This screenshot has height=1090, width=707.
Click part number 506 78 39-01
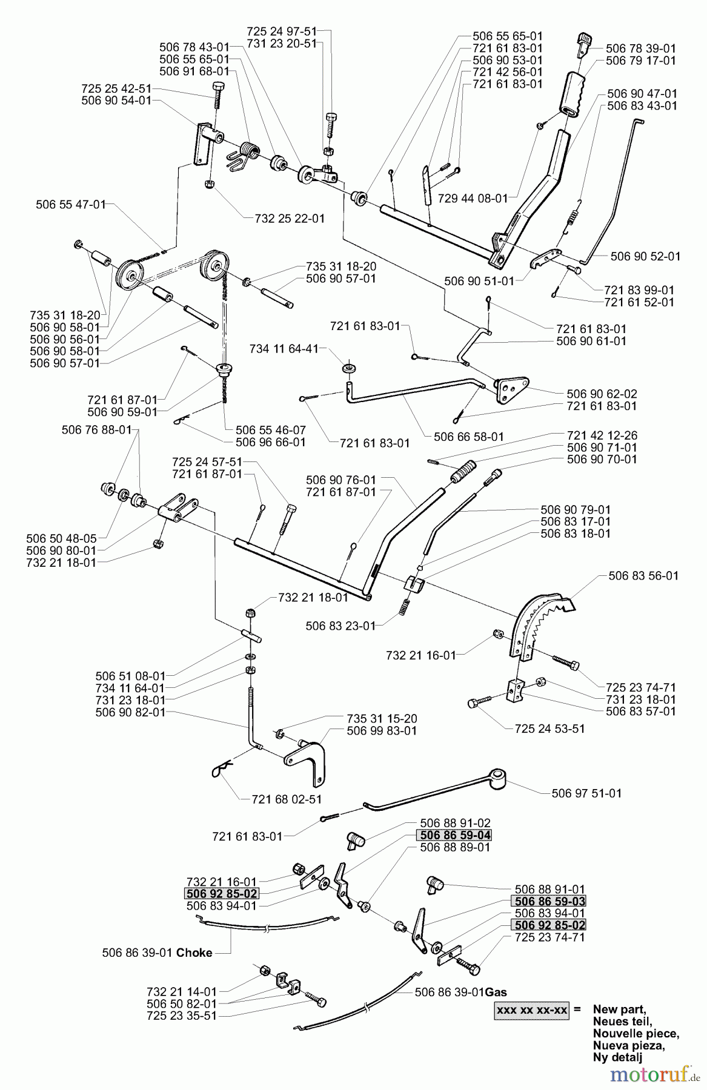(x=632, y=48)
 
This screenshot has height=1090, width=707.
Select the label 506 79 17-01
(x=632, y=61)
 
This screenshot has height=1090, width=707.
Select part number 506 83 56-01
(x=643, y=575)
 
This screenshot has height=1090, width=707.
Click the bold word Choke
(x=194, y=953)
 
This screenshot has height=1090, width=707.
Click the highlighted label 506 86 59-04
(x=454, y=835)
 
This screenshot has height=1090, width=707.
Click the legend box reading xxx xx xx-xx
(x=532, y=1010)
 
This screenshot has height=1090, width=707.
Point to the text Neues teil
(x=619, y=1021)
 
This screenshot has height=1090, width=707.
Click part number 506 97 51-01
(x=586, y=793)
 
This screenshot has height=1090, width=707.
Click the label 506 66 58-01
(x=468, y=436)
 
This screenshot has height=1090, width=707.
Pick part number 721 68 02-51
(x=287, y=799)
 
